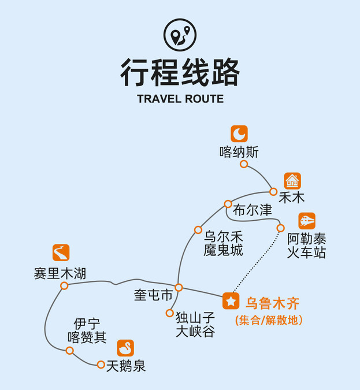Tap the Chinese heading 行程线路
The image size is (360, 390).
[x=180, y=72]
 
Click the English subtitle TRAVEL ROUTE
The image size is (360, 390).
[x=180, y=99]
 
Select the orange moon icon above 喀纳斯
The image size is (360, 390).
[x=239, y=133]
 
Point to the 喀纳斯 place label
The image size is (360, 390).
[x=239, y=152]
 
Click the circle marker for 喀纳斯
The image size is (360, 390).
[x=244, y=164]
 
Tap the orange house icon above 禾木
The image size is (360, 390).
[x=292, y=181]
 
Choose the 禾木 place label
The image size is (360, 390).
[x=291, y=198]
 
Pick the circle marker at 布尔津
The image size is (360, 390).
[x=228, y=204]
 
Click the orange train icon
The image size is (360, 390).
[x=307, y=221]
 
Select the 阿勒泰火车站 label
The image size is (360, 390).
[x=306, y=246]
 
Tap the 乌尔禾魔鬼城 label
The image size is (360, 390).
[x=223, y=243]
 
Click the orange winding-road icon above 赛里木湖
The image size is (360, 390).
[x=61, y=253]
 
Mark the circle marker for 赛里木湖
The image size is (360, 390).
[x=64, y=285]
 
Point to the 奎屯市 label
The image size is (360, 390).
[x=153, y=295]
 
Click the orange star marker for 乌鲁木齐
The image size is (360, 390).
[x=231, y=301]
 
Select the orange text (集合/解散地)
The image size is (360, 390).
[x=269, y=320]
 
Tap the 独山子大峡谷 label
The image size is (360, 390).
[x=195, y=324]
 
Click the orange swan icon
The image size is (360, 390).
[x=125, y=348]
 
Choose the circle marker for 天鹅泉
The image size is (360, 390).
[x=101, y=365]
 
